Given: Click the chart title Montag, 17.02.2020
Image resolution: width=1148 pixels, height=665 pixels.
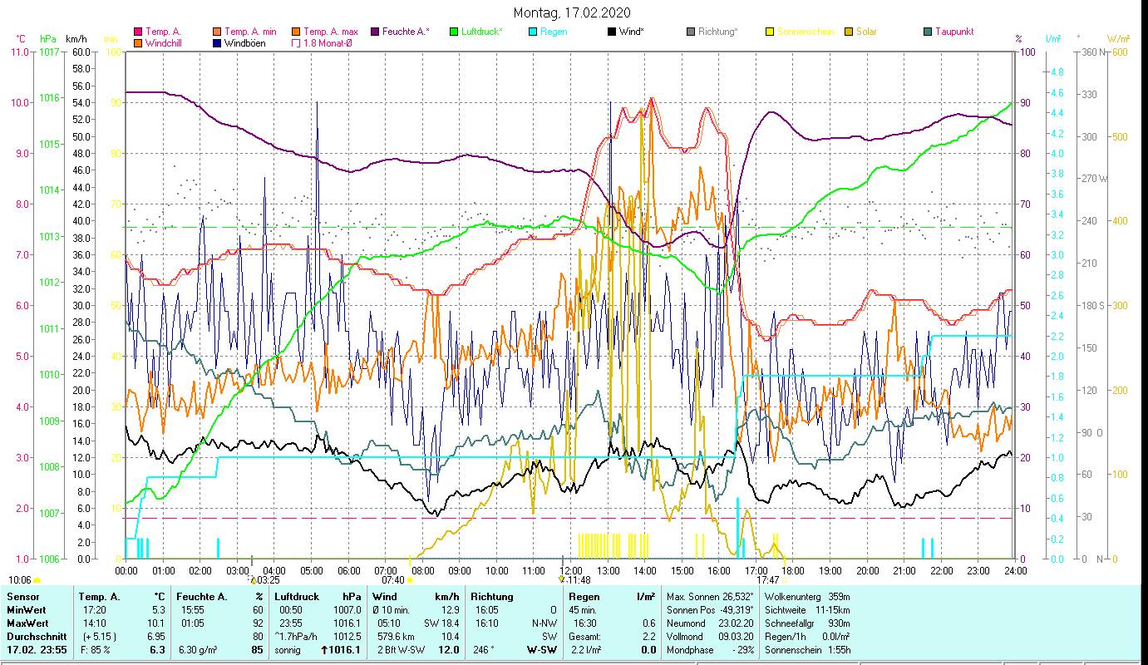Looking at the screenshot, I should click(572, 12).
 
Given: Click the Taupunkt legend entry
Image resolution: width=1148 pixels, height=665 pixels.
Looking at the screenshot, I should click(953, 32).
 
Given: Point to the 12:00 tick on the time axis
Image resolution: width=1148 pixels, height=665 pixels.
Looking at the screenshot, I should click(570, 570).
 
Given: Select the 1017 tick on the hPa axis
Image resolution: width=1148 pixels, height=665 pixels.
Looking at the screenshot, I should click(49, 52).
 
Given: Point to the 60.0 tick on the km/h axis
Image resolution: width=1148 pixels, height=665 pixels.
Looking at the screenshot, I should click(81, 52).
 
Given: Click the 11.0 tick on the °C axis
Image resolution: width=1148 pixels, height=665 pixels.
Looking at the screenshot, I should click(17, 52).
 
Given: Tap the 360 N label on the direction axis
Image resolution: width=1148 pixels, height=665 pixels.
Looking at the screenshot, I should click(1094, 52).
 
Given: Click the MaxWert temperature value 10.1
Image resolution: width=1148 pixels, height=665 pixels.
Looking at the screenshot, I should click(157, 623).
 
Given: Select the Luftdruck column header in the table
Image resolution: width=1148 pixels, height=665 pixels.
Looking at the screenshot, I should click(297, 597).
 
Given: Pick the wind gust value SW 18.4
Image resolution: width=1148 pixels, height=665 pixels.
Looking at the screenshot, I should click(440, 623).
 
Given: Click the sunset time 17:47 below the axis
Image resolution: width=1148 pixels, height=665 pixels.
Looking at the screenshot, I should click(768, 580).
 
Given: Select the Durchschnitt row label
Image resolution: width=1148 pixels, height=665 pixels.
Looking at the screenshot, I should click(35, 637).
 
